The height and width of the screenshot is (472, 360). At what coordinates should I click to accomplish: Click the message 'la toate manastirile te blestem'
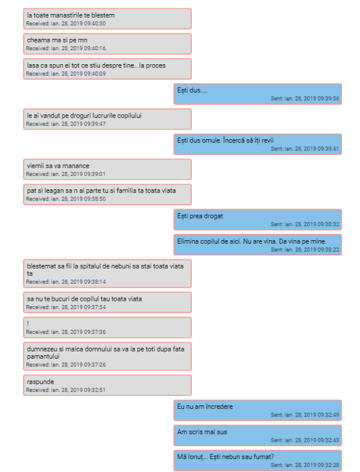[71, 15]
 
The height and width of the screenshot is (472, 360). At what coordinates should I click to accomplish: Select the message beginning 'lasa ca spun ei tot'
[96, 65]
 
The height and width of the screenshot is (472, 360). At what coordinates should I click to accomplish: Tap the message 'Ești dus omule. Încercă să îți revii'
[225, 140]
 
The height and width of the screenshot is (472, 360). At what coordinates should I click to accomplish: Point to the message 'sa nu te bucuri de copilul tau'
[84, 299]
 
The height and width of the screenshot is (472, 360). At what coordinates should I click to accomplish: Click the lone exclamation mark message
[28, 324]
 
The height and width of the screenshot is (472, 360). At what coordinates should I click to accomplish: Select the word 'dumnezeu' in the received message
[41, 349]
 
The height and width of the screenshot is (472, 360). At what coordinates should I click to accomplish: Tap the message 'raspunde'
[41, 382]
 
